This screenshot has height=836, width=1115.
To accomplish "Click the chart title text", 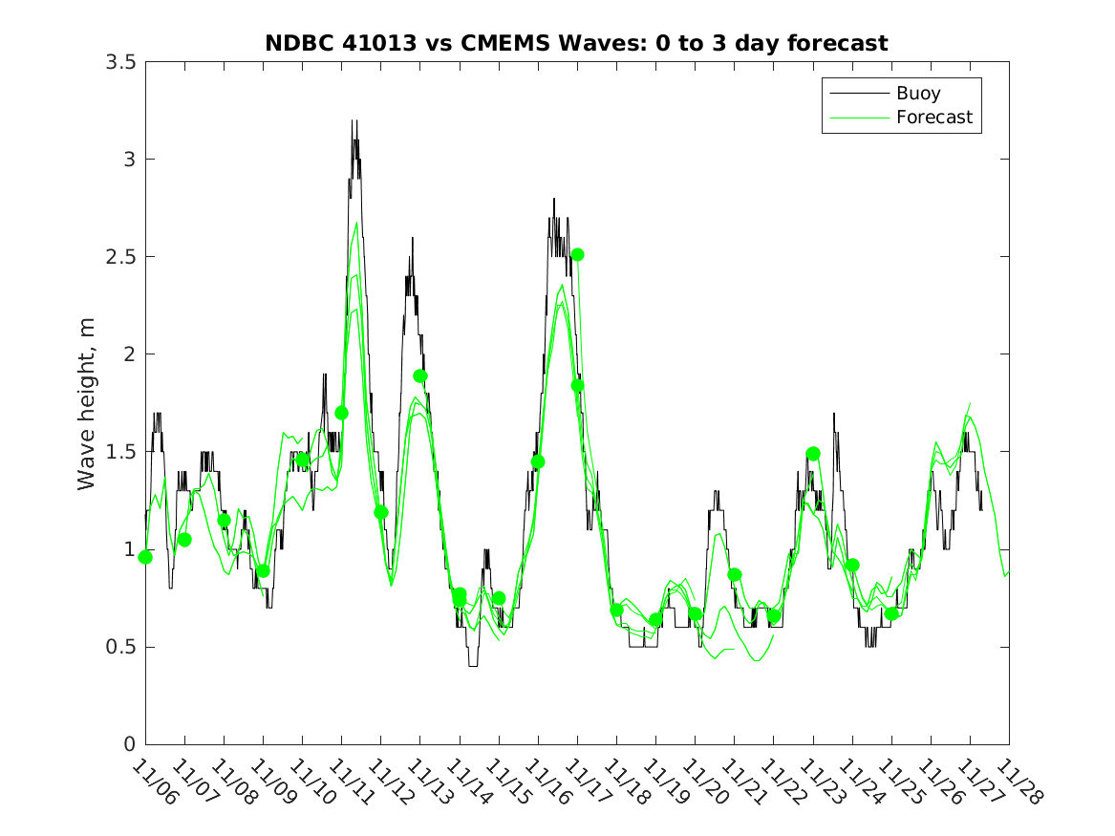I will (576, 43).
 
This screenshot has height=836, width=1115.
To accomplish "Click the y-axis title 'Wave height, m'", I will (87, 402).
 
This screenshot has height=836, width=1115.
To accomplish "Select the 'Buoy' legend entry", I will (917, 93).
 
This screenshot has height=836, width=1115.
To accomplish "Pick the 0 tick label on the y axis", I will (128, 745).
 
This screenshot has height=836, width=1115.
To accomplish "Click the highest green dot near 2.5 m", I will (577, 254).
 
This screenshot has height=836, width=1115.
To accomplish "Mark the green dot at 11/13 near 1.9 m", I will (419, 376).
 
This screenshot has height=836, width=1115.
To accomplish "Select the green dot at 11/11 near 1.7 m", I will (341, 413).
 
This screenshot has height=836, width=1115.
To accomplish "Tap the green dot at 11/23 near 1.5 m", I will (813, 454).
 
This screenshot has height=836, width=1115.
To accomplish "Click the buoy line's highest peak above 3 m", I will (354, 121).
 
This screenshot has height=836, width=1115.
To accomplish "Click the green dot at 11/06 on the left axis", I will (145, 557).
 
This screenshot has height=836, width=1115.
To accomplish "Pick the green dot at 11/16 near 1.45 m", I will (538, 461).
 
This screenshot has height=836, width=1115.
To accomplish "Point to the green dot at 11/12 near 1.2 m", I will (381, 512).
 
